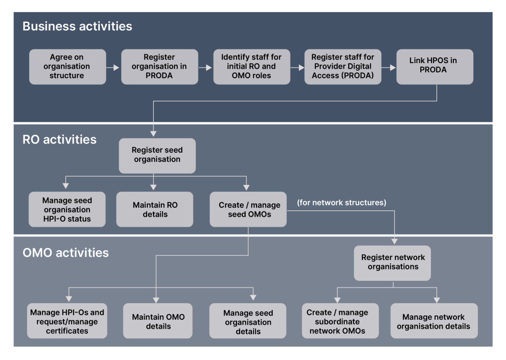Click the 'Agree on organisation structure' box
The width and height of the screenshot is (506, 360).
[x=67, y=67]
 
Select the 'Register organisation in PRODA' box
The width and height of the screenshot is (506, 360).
[x=160, y=67]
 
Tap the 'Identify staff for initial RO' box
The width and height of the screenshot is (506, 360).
[x=252, y=67]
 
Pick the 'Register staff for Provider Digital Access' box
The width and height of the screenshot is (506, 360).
[x=343, y=67]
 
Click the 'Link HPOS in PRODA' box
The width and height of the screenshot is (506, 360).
[x=434, y=67]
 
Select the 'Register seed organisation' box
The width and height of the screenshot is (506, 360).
[x=157, y=155]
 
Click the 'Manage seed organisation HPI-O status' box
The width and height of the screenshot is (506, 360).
[x=67, y=209]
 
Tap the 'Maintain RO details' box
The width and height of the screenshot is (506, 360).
[x=155, y=209]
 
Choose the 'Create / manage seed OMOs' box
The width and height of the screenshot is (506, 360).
[x=248, y=209]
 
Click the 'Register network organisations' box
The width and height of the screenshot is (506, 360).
[x=392, y=263]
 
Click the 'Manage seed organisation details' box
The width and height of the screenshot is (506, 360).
[x=248, y=321]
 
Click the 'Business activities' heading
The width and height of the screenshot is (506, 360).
[x=77, y=26]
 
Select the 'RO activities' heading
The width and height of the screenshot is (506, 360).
[x=60, y=139]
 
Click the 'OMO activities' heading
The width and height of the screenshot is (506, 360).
[x=66, y=252]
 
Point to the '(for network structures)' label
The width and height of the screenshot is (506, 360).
[x=341, y=203]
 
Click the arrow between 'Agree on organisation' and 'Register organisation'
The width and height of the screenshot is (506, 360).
[x=113, y=67]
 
